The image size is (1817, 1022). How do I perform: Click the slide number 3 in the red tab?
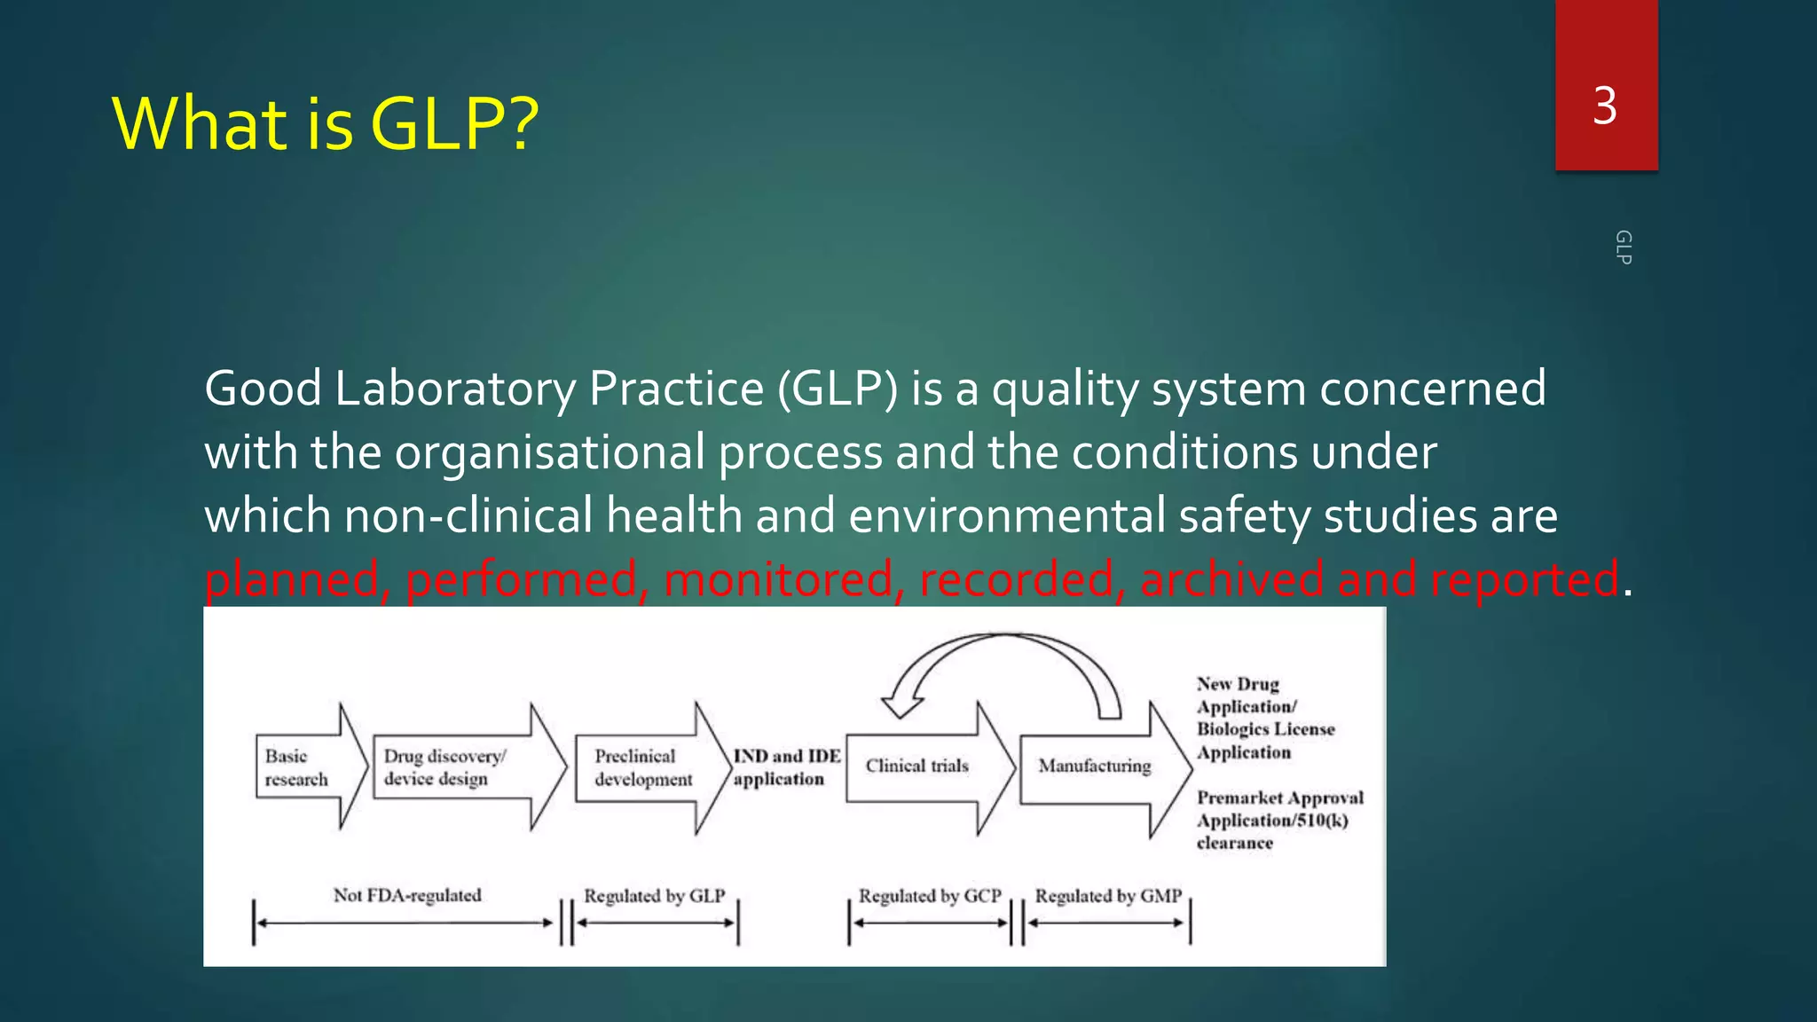1605,106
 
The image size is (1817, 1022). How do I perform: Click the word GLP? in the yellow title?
453,123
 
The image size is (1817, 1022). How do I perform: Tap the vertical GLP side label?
1623,248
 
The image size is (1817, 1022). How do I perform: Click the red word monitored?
778,579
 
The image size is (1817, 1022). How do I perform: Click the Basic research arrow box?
302,767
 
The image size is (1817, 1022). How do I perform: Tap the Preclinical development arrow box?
643,767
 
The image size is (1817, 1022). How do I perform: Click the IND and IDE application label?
785,767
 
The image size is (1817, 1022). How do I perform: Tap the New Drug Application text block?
1264,718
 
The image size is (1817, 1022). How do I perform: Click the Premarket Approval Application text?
1278,820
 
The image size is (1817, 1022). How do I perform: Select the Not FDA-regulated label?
407,895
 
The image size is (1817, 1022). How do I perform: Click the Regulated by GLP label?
654,896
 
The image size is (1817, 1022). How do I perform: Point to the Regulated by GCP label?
929,896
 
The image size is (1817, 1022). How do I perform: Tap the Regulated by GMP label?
1108,896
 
